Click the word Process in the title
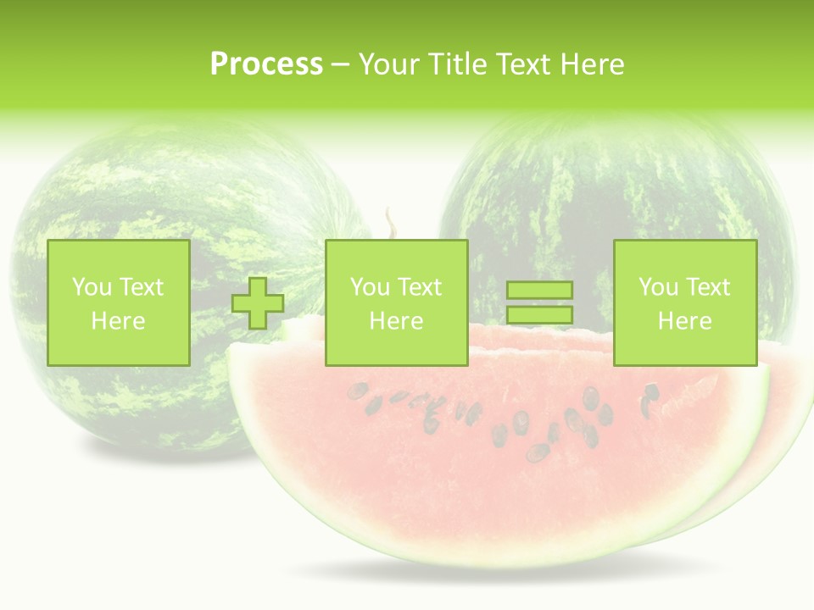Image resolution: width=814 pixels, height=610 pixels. [x=266, y=64]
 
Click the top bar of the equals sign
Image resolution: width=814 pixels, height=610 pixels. [x=539, y=291]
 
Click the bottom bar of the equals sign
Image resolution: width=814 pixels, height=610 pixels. [x=539, y=315]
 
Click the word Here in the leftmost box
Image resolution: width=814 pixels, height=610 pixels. [x=118, y=321]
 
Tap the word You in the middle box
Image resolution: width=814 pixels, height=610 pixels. [x=370, y=287]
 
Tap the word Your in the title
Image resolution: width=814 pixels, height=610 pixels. [x=388, y=64]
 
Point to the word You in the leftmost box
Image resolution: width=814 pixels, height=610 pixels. [x=92, y=287]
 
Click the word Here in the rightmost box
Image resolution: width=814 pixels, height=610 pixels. [x=685, y=321]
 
